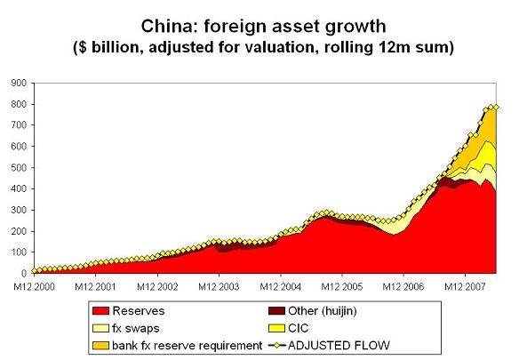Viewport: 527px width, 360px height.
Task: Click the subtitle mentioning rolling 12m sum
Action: [263, 46]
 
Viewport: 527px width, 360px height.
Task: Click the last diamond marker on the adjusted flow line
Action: [497, 108]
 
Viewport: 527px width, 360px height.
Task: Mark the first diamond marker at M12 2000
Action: [34, 270]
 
